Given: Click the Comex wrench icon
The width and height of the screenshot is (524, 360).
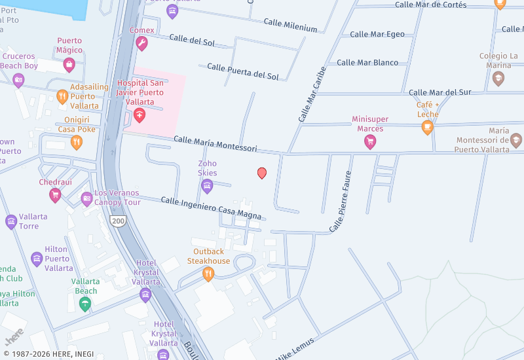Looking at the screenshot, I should tap(141, 43).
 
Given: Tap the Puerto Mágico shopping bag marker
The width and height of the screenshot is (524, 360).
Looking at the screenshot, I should tap(69, 63).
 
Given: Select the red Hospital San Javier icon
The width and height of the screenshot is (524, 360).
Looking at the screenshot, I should tap(139, 115).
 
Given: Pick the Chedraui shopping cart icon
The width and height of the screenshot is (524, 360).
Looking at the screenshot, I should tap(55, 194).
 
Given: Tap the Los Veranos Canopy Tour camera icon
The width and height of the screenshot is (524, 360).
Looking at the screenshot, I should tap(86, 198).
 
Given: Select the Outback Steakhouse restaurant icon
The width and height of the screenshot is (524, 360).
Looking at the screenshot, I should tap(208, 274).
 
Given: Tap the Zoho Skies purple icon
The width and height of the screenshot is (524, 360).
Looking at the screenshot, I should tap(207, 186).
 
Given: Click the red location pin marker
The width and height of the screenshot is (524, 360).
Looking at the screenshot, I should tap(262, 173).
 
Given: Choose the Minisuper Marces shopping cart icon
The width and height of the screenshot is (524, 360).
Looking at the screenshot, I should tap(370, 141).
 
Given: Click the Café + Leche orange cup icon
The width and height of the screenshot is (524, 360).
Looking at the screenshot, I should tap(428, 127).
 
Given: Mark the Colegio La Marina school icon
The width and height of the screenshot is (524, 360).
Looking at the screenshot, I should tap(498, 78).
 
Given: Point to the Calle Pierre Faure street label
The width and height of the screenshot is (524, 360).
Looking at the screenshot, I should tap(345, 201).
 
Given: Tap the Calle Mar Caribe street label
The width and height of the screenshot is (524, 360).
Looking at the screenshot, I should tap(312, 94).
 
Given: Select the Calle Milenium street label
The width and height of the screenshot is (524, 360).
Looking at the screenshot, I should tap(290, 26).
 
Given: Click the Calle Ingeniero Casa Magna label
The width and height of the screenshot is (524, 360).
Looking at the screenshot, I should tap(211, 208).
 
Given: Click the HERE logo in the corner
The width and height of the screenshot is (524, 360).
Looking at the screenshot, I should tap(15, 336).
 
